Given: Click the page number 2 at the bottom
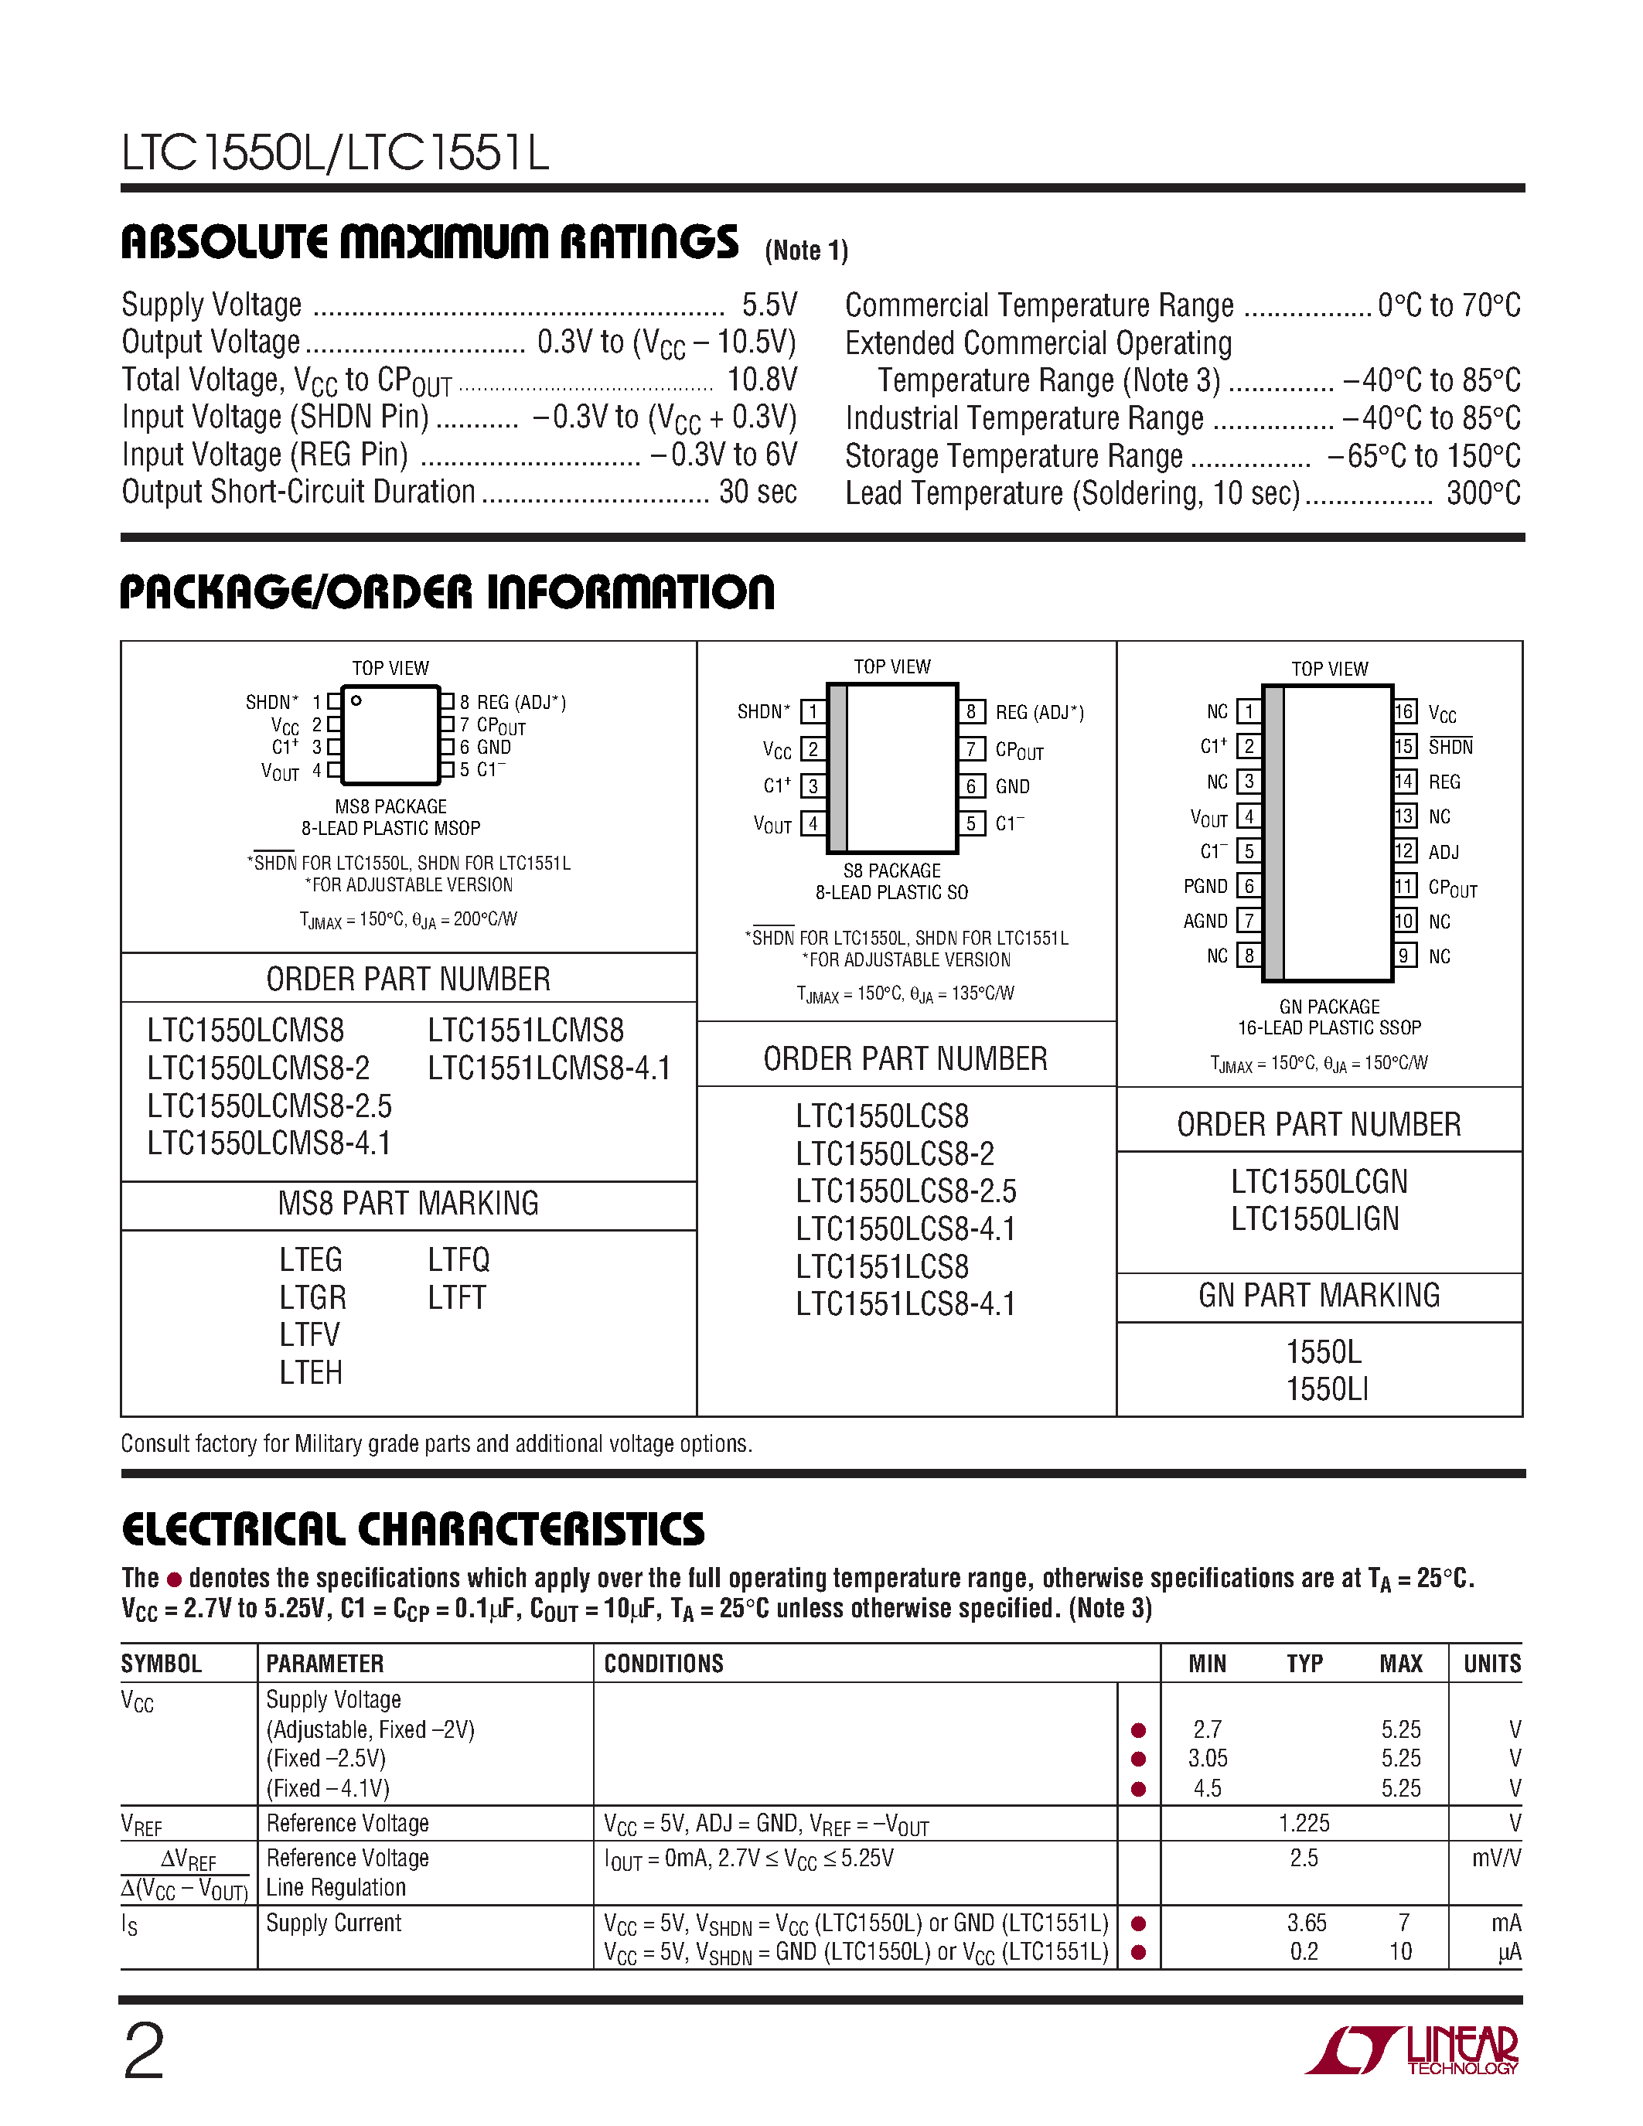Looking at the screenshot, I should [144, 2052].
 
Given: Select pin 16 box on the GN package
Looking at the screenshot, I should [1403, 711].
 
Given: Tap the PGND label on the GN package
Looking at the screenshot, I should [1205, 887].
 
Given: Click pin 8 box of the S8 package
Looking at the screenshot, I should [970, 711].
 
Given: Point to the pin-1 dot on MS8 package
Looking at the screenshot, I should [356, 700].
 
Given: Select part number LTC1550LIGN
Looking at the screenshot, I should [1315, 1218].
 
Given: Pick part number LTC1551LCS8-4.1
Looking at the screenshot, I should [905, 1304].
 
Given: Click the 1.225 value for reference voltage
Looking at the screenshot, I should [1304, 1823].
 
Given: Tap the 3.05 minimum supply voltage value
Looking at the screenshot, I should [1207, 1759].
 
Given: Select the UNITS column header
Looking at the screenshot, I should [1491, 1664].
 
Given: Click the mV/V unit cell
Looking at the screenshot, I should [1496, 1859].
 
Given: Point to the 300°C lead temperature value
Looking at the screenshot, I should [1482, 493].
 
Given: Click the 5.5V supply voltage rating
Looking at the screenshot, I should [769, 305].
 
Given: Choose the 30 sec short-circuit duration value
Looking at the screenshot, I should [757, 492].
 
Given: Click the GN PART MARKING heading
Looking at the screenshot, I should [1319, 1296].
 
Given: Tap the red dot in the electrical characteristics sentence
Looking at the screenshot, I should [174, 1579].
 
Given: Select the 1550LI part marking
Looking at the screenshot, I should [1326, 1389].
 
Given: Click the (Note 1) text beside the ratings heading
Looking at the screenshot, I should [806, 251].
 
